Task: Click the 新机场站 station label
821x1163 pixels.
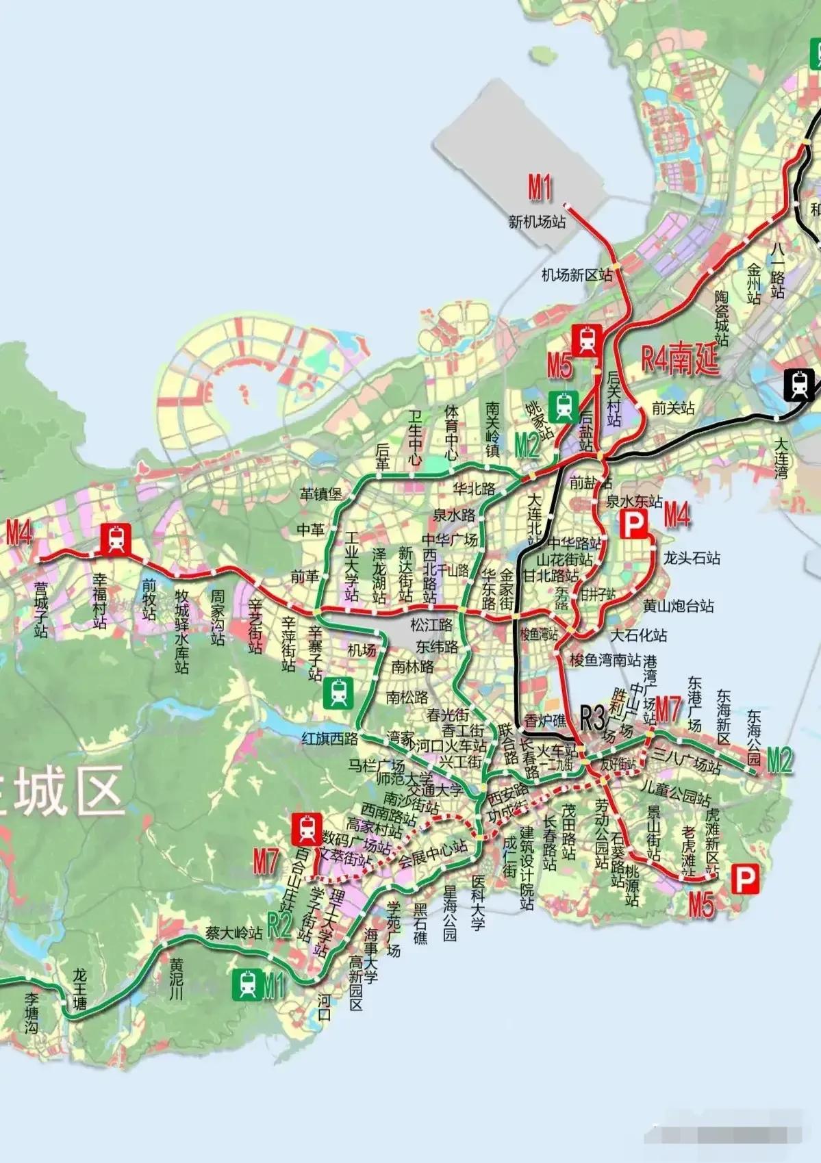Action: point(537,222)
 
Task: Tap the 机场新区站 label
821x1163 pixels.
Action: point(577,275)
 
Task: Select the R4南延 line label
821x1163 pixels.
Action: point(680,359)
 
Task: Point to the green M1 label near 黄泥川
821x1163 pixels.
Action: point(273,986)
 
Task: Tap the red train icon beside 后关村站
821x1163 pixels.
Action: point(587,340)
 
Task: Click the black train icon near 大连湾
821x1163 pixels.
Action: point(799,384)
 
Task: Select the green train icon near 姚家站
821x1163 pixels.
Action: point(564,405)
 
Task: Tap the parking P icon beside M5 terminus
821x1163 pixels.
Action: point(745,879)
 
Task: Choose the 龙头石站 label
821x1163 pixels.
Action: point(692,558)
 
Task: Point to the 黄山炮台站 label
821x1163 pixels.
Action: point(679,606)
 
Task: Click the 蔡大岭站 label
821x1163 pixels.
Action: point(234,932)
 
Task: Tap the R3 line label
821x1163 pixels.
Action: point(592,719)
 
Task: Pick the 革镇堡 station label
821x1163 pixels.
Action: point(320,494)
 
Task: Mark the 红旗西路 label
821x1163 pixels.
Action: point(330,738)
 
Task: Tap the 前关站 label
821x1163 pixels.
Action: point(672,409)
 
